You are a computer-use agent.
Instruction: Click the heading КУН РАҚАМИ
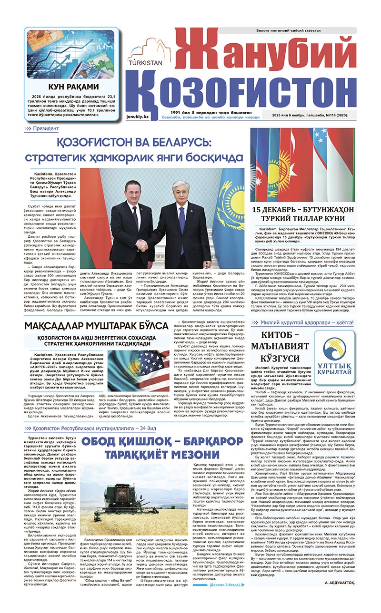[x=74, y=87]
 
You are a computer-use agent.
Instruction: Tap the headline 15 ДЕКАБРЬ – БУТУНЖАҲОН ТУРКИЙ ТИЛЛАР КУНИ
[x=302, y=213]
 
